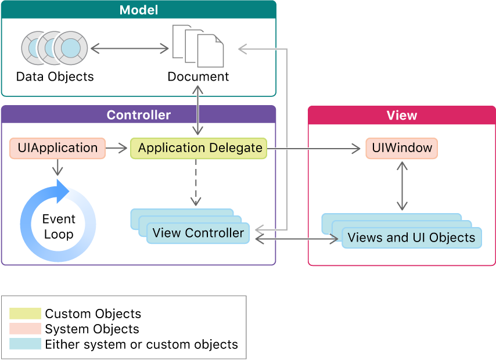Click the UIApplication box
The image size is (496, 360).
point(57,148)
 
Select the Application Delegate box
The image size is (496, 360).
point(199,148)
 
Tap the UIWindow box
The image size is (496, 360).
point(401,148)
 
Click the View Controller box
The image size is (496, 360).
point(198,233)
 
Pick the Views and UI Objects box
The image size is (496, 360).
point(411,237)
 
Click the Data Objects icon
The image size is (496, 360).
point(55,48)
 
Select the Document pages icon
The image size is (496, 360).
point(198,45)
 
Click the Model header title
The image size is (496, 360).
point(138,10)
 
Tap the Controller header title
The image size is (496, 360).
point(138,115)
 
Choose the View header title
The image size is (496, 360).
point(401,115)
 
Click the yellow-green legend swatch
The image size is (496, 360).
point(26,314)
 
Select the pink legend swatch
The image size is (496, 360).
point(26,329)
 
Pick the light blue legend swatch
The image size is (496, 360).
point(26,344)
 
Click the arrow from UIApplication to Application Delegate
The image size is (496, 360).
point(117,149)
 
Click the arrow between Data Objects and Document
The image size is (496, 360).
point(130,49)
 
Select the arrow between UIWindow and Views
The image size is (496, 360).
point(401,186)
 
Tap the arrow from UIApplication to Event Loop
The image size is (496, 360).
point(57,167)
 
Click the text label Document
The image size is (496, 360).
point(198,77)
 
